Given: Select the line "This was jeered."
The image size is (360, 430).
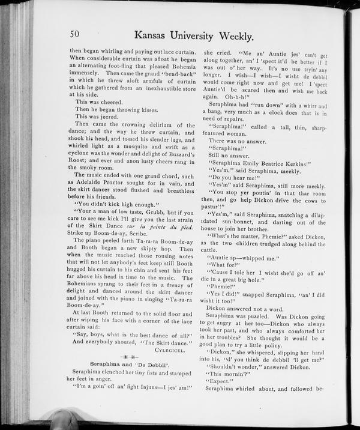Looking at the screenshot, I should click(x=96, y=117).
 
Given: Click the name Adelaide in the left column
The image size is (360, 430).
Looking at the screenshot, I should click(x=89, y=181).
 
